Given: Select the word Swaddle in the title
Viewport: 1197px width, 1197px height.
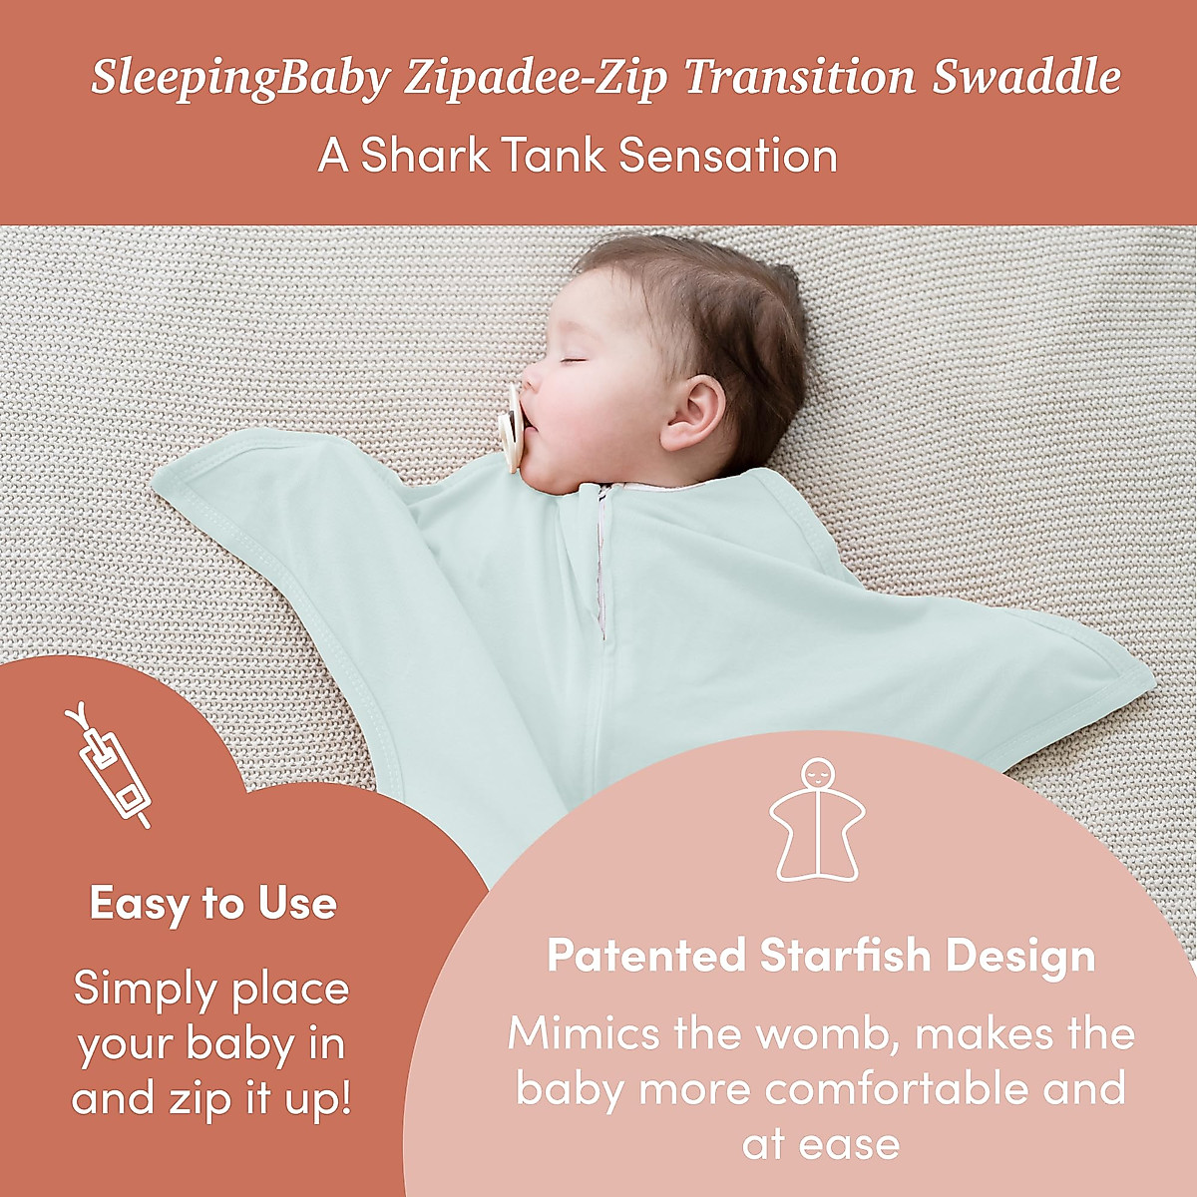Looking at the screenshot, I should click(1025, 78).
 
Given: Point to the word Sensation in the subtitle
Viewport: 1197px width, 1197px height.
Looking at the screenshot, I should click(727, 156).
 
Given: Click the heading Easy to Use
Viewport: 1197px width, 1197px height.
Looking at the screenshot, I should click(213, 904).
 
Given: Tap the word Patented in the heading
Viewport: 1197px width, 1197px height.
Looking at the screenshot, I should click(646, 956).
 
